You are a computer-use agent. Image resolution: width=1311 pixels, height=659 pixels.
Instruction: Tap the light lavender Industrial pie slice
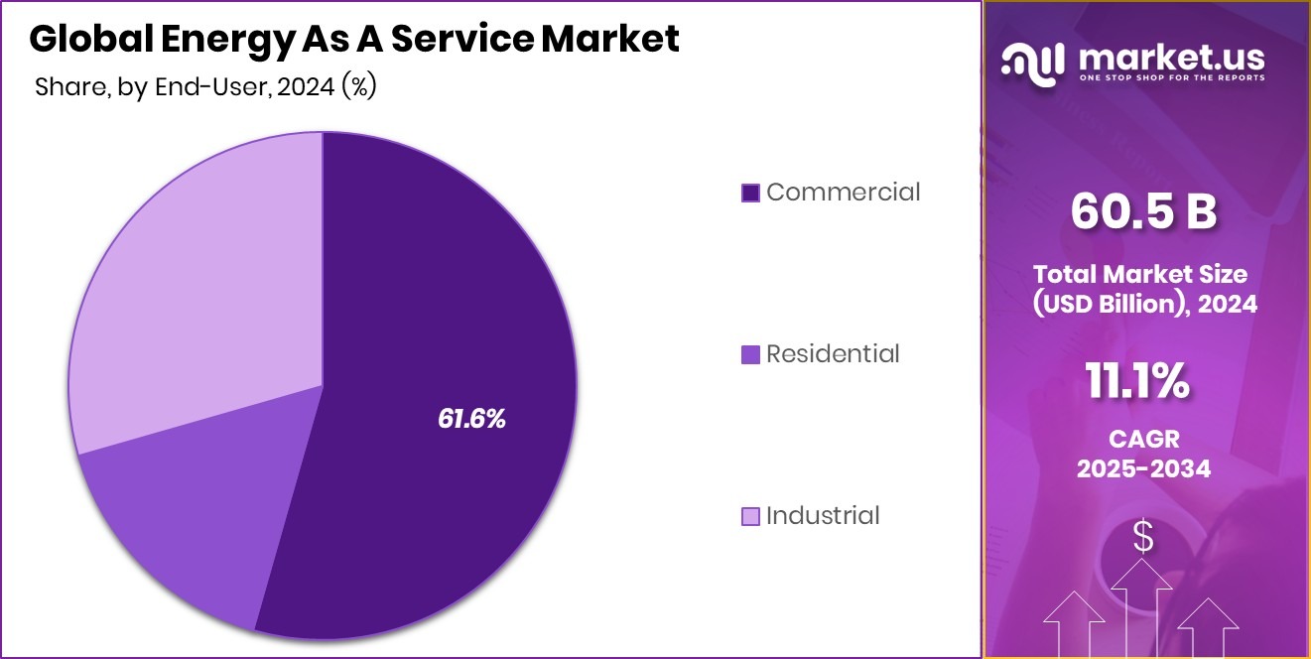(198, 288)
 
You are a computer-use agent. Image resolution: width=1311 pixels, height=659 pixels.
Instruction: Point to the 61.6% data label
(471, 419)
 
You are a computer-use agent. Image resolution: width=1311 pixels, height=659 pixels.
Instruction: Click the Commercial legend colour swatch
(751, 193)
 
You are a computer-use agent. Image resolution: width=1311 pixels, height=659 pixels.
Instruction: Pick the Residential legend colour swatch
(751, 354)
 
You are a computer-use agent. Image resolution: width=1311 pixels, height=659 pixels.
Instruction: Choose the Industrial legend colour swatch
(751, 516)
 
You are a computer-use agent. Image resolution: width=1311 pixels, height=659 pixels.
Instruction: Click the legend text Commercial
(844, 192)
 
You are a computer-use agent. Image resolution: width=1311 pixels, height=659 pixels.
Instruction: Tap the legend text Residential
(833, 353)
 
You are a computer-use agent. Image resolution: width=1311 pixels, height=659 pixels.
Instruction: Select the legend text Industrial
(823, 515)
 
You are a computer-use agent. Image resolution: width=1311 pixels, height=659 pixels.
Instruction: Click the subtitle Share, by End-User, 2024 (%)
(205, 86)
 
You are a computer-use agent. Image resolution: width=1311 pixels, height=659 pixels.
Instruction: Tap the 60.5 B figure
(1143, 212)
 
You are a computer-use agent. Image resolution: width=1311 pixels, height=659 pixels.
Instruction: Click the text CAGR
(1143, 438)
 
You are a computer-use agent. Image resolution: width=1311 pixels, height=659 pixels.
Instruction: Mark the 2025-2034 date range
(1143, 468)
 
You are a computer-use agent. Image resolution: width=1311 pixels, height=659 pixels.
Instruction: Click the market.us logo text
(1172, 57)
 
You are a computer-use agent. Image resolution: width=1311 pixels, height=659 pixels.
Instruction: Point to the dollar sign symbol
(1143, 537)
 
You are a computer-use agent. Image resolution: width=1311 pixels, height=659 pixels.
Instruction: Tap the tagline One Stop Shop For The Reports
(1172, 78)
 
